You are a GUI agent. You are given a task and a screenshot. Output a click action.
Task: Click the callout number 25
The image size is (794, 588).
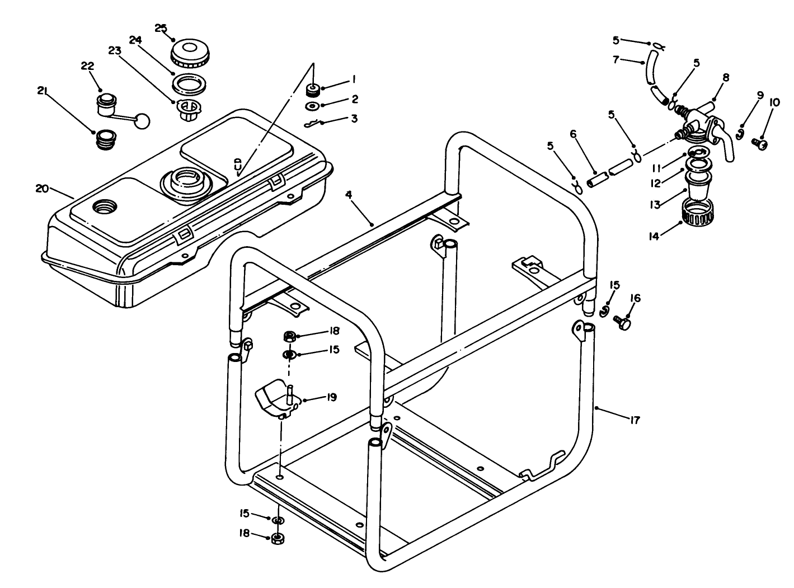[161, 28]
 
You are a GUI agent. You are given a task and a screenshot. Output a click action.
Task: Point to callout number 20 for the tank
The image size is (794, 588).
[42, 189]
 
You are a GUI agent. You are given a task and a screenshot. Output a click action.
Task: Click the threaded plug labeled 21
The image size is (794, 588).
[107, 139]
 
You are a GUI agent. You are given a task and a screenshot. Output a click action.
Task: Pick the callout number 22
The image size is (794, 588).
[87, 66]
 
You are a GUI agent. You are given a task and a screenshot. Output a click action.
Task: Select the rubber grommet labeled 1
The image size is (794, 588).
[313, 89]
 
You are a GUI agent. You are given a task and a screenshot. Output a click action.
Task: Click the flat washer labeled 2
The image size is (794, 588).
[313, 106]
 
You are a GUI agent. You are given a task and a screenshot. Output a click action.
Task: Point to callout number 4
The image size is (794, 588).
[348, 195]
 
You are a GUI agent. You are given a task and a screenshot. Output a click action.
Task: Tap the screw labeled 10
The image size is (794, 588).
[760, 144]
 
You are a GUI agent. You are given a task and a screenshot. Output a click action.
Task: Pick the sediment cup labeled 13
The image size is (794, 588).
[697, 186]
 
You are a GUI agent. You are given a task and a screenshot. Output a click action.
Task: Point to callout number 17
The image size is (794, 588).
[634, 420]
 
